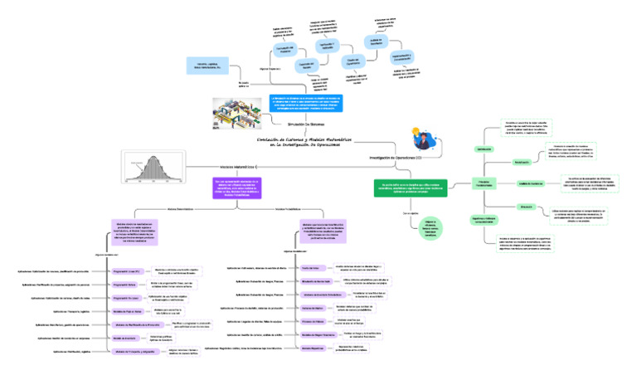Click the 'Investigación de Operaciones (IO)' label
click(x=395, y=157)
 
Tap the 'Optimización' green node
click(x=483, y=149)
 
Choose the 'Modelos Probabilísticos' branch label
click(x=287, y=209)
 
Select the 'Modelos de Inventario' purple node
click(x=124, y=338)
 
